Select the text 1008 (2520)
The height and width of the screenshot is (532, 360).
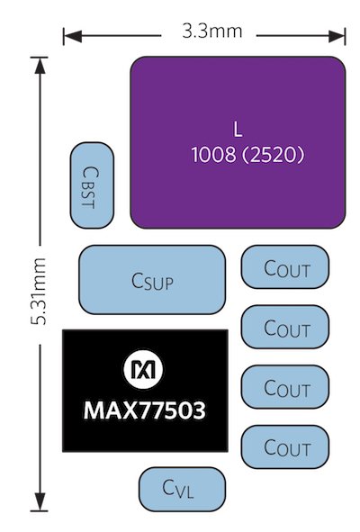click(x=248, y=155)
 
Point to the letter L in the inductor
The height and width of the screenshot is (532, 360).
click(x=238, y=125)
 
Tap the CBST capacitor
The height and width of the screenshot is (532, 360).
click(x=92, y=185)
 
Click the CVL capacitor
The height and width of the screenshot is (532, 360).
click(x=182, y=490)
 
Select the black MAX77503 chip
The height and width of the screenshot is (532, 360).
click(x=144, y=390)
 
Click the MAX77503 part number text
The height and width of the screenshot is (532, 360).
click(x=144, y=411)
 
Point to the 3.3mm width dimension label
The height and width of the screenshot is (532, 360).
click(x=211, y=32)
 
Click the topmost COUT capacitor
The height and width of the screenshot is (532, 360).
click(x=285, y=267)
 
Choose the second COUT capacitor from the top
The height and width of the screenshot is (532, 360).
click(x=285, y=327)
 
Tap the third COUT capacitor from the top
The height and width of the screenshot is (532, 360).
click(x=285, y=387)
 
